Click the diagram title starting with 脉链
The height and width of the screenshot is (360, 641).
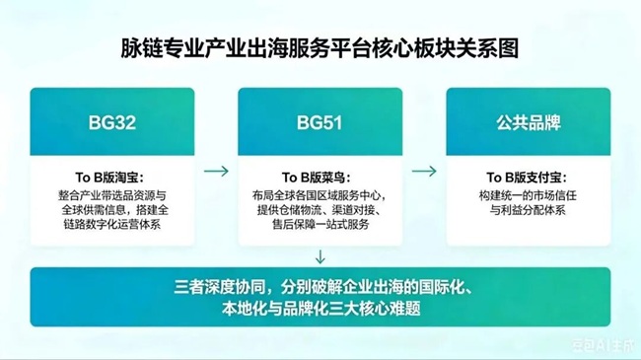[320, 48]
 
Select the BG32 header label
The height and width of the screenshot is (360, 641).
[112, 122]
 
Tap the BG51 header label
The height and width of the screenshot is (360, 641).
[320, 122]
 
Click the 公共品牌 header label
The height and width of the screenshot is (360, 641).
[529, 122]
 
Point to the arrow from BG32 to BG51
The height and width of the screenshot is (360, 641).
[216, 171]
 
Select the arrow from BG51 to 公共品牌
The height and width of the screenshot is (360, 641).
[424, 171]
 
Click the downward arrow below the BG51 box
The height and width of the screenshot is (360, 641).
[320, 256]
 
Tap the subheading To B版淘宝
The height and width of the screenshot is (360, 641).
[109, 178]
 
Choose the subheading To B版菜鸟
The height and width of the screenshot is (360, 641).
[317, 178]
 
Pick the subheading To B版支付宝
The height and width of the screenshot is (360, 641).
[527, 178]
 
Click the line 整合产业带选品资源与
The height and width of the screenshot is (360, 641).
[112, 195]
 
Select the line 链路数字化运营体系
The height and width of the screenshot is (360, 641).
[112, 224]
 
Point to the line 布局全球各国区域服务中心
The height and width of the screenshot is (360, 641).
[320, 195]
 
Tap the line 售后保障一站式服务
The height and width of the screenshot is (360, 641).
[320, 224]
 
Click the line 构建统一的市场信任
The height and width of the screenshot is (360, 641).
[528, 195]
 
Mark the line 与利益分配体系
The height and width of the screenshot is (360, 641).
[528, 210]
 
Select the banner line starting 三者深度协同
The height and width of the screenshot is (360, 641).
[323, 287]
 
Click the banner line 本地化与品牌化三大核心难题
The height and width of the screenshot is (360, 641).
[321, 309]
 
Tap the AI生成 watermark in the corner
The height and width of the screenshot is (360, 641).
[604, 345]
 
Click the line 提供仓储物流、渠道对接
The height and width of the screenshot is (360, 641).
[320, 210]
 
